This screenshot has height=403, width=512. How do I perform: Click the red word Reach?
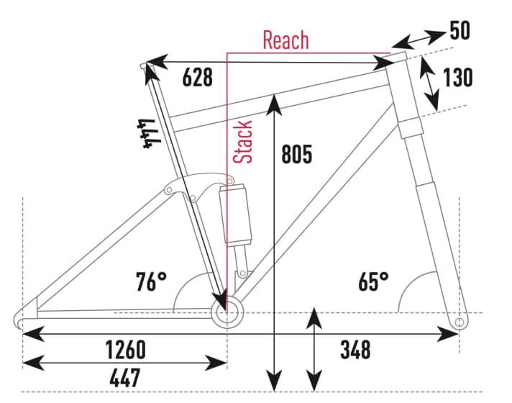coord(285,40)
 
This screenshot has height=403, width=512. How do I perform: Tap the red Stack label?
coord(243,142)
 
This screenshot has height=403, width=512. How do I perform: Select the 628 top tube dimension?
coord(197,78)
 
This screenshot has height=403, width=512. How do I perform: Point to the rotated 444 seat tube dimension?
coord(149,133)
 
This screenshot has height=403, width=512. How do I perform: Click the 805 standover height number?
coord(296,153)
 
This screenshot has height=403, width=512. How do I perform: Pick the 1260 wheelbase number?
coord(126,350)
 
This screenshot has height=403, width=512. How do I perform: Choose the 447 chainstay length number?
coord(124,378)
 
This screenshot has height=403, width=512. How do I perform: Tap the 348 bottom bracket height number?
coord(355,350)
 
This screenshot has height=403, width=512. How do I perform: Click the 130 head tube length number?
coord(458,78)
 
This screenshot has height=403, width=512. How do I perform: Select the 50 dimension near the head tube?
coord(460,30)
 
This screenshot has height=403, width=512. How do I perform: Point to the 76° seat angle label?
coord(151,281)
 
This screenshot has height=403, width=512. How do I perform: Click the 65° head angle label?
coord(373,281)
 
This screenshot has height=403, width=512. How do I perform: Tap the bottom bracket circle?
coord(227,313)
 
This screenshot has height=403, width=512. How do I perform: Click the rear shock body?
coord(236,214)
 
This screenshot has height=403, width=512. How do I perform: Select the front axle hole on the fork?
coord(460,322)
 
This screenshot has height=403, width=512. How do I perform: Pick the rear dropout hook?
coord(20,318)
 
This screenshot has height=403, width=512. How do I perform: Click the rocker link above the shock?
coord(199,186)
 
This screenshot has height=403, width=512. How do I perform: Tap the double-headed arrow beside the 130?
coord(429,83)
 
